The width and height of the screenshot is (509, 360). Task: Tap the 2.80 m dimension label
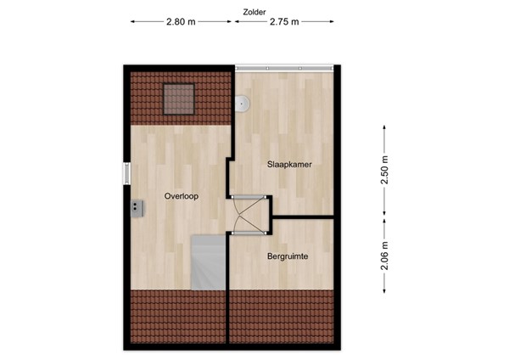point(181,23)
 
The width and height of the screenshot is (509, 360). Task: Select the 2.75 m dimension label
point(283,23)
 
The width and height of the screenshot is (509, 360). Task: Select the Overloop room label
point(182,196)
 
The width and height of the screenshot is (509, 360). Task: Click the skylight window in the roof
point(179,98)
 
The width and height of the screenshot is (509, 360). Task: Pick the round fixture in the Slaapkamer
point(243,104)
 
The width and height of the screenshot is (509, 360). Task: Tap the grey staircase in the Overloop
point(209,263)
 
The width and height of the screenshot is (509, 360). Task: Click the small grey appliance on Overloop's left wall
point(136,206)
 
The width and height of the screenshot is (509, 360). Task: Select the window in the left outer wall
point(126,173)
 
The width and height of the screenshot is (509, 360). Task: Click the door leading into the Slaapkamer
point(249,198)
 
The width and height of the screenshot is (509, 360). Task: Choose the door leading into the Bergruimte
point(249,231)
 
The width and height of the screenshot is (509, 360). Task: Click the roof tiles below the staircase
point(179,316)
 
